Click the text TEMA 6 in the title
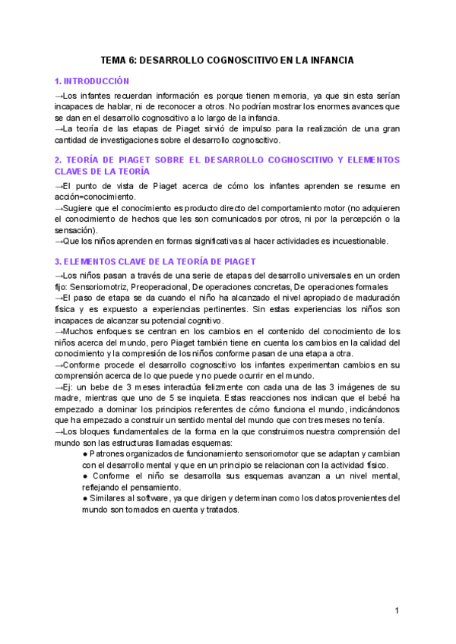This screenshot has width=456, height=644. click(119, 60)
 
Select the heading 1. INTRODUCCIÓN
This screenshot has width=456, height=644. click(92, 81)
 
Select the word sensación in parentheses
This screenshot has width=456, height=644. click(74, 229)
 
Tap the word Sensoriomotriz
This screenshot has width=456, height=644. click(109, 286)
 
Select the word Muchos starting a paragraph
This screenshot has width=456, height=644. click(81, 331)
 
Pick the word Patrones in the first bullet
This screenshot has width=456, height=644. click(109, 454)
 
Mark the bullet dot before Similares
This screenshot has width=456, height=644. click(85, 498)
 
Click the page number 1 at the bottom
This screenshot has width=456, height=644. click(397, 611)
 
